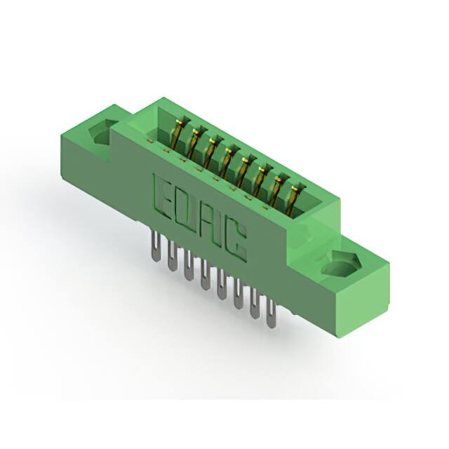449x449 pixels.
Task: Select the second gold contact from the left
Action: click(194, 142)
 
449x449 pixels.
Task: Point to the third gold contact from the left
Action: click(210, 152)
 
